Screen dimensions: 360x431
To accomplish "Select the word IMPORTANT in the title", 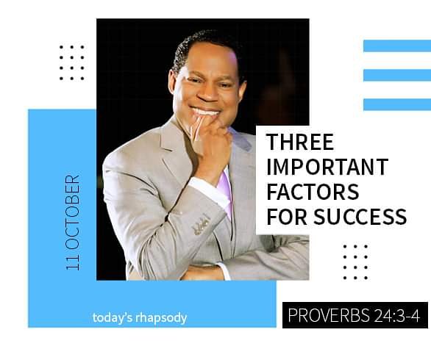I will (326, 167).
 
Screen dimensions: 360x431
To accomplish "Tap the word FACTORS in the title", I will (313, 192).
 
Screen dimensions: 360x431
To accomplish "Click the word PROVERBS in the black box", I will (321, 316).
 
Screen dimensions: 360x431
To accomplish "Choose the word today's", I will (112, 318).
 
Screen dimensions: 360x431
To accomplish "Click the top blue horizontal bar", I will (396, 46).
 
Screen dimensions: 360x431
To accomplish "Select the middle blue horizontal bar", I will (396, 75).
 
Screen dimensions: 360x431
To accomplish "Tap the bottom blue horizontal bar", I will (396, 104).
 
